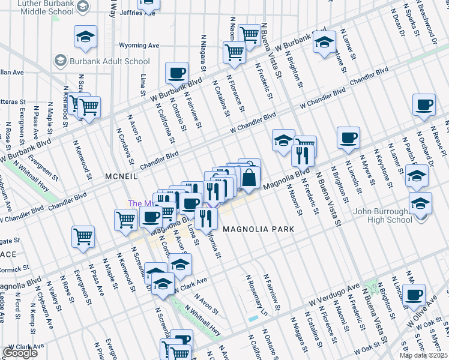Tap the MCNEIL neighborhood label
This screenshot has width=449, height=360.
[x=122, y=177]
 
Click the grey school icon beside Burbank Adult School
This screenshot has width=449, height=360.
[x=60, y=61]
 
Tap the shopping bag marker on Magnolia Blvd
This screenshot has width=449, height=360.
[x=249, y=177]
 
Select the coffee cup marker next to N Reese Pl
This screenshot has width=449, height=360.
[x=424, y=104]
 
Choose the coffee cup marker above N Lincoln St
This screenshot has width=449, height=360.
[x=348, y=139]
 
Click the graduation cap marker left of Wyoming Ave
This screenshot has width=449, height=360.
[x=85, y=37]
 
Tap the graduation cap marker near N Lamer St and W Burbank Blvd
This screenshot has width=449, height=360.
[x=324, y=43]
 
